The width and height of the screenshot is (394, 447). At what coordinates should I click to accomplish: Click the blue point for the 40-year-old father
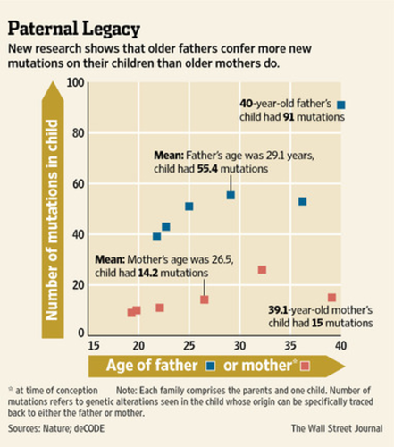pyautogui.click(x=341, y=105)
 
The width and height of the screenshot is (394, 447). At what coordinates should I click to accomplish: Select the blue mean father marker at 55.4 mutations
pyautogui.click(x=231, y=195)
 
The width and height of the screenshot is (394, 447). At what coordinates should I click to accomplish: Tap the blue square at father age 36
pyautogui.click(x=302, y=201)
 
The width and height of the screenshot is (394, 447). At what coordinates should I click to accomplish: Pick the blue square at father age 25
pyautogui.click(x=189, y=207)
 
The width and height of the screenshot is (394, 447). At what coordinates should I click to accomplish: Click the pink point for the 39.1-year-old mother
pyautogui.click(x=331, y=298)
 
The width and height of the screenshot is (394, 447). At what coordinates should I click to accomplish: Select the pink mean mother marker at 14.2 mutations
pyautogui.click(x=205, y=299)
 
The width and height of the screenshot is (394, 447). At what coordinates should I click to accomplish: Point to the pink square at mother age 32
pyautogui.click(x=262, y=270)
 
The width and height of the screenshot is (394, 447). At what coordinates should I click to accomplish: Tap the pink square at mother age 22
pyautogui.click(x=160, y=308)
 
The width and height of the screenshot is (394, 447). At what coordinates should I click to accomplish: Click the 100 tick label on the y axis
pyautogui.click(x=75, y=82)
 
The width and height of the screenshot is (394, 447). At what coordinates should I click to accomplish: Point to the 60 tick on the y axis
pyautogui.click(x=78, y=184)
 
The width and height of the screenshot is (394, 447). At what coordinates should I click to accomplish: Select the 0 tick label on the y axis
pyautogui.click(x=81, y=333)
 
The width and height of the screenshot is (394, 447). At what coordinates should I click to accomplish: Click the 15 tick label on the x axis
pyautogui.click(x=94, y=346)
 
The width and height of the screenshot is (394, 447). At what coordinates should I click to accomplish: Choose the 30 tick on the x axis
pyautogui.click(x=239, y=346)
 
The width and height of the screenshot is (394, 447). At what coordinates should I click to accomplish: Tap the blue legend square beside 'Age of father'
pyautogui.click(x=211, y=366)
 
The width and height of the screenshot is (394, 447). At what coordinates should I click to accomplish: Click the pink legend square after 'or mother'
pyautogui.click(x=306, y=366)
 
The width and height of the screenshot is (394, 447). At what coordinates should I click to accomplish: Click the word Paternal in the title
pyautogui.click(x=43, y=29)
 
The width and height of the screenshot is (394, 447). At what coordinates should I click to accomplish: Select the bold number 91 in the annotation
pyautogui.click(x=289, y=117)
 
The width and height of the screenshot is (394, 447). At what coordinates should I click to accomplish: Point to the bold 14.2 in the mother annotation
pyautogui.click(x=148, y=273)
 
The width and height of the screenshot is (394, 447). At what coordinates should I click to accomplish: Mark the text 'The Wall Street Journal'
pyautogui.click(x=337, y=428)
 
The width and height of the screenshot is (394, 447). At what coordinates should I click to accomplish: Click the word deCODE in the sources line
pyautogui.click(x=89, y=428)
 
